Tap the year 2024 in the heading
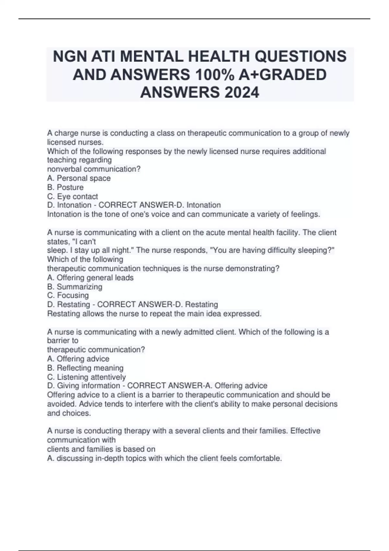(241, 93)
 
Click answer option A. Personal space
(79, 178)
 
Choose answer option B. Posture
(65, 187)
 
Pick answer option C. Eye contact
(72, 196)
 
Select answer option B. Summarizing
(75, 287)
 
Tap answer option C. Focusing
(68, 295)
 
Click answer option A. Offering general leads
(90, 277)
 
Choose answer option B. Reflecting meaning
(85, 368)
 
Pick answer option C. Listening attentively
(86, 377)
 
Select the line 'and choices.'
(69, 413)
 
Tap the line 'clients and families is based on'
(101, 449)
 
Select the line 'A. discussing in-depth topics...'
(164, 458)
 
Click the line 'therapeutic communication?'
(96, 350)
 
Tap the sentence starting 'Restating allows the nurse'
(154, 314)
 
